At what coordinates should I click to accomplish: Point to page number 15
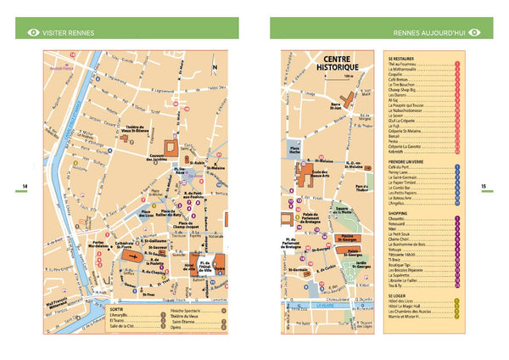(x=483, y=187)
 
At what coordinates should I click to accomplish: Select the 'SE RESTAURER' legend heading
(x=401, y=58)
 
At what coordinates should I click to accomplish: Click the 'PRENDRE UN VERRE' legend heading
(x=406, y=161)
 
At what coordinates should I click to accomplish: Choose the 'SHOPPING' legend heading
(x=399, y=213)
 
